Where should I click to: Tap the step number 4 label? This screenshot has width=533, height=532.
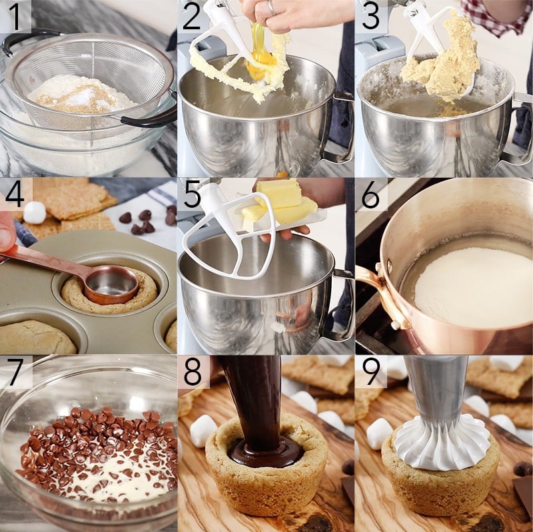pos(15,194)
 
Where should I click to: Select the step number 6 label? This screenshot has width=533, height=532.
pos(370,194)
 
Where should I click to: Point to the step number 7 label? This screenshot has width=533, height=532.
pos(15,371)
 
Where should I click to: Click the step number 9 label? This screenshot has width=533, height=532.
pos(370,371)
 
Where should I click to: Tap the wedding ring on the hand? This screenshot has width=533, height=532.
pos(271,7)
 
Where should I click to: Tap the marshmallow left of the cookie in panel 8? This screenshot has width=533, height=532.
pos(203,429)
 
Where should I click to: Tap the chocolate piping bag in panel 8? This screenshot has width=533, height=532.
pos(257,393)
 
